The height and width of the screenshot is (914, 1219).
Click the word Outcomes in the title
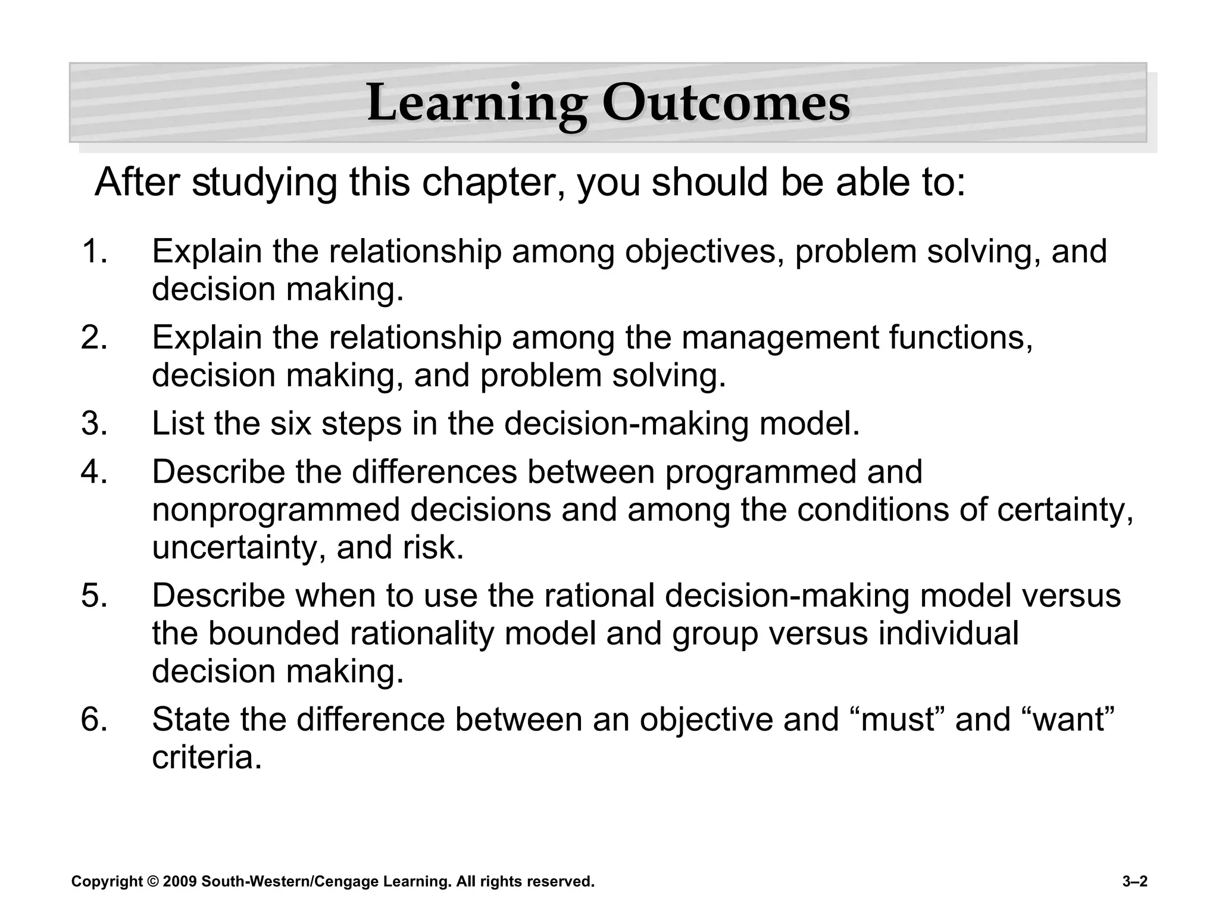point(726,104)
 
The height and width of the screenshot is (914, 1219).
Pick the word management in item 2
point(780,338)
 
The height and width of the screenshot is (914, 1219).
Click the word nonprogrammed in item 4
point(276,510)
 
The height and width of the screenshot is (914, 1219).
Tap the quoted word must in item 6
point(899,719)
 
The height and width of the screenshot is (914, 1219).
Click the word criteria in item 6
point(207,758)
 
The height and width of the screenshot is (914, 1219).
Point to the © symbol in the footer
point(153,882)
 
